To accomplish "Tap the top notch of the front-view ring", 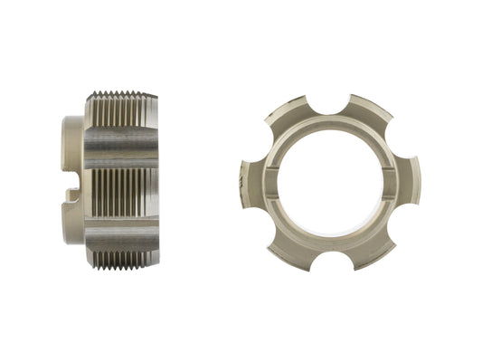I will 331,100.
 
